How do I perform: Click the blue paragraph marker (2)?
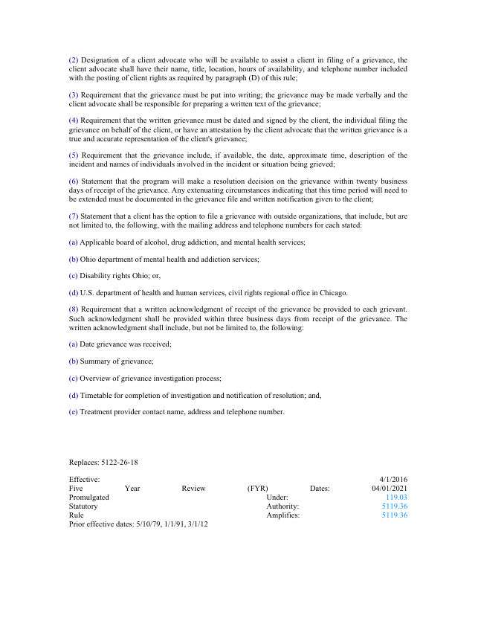click(x=73, y=59)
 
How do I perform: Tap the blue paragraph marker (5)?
click(x=73, y=155)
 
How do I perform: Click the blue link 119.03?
click(x=396, y=497)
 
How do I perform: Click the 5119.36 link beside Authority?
click(x=394, y=506)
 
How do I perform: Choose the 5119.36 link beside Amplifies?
click(x=394, y=515)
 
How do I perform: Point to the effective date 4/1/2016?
click(x=393, y=479)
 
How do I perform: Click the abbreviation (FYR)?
click(x=257, y=488)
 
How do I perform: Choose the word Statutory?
click(x=83, y=506)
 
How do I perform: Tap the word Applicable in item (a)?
click(x=97, y=242)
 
